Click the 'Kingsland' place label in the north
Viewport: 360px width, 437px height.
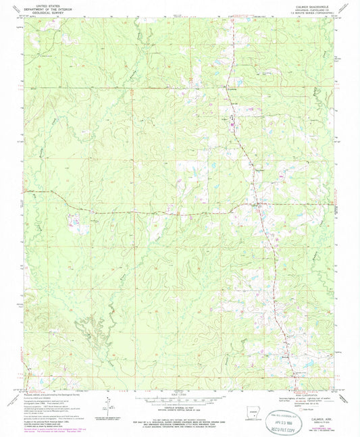(x=230, y=87)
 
